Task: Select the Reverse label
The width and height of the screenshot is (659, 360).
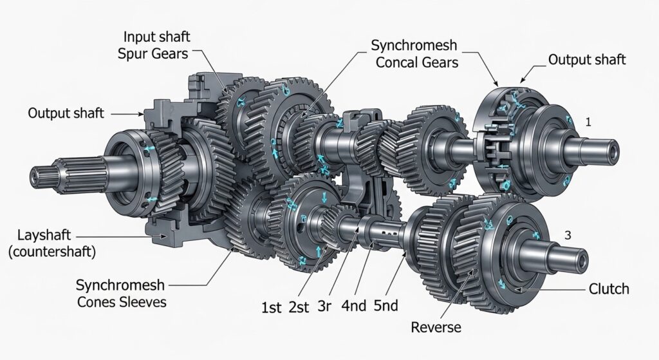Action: click(x=436, y=327)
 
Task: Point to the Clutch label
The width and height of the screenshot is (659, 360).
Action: click(x=609, y=289)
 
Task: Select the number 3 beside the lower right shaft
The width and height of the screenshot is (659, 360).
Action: click(x=567, y=236)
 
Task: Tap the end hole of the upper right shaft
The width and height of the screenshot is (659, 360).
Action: click(x=615, y=153)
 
